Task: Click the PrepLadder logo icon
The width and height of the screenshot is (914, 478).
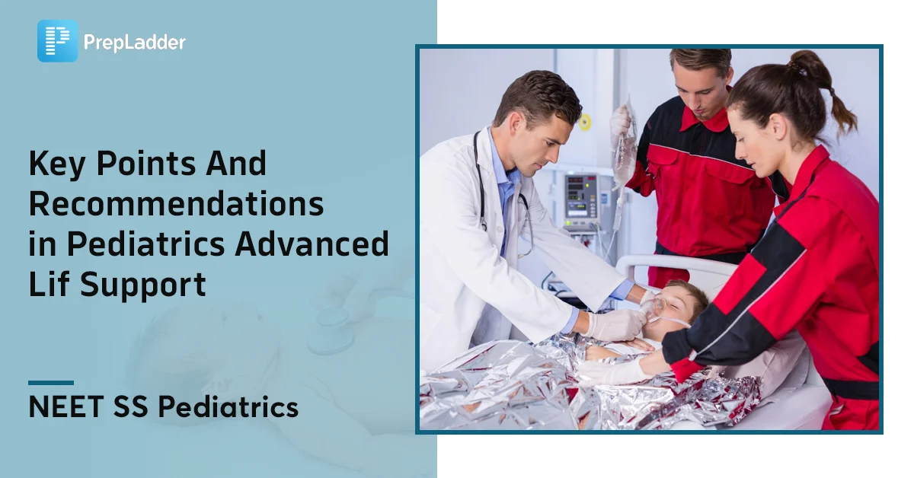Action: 57,41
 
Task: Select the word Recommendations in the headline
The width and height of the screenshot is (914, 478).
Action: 176,204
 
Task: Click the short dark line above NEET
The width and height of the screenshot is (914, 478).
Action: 51,383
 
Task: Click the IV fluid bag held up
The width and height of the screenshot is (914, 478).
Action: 625,145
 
